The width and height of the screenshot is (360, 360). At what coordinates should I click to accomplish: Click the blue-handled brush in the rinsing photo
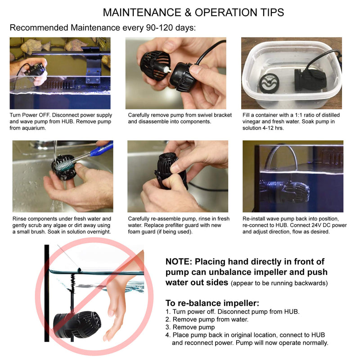[x=92, y=151]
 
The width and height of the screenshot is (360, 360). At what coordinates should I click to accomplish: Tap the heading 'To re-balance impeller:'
[x=212, y=303]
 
